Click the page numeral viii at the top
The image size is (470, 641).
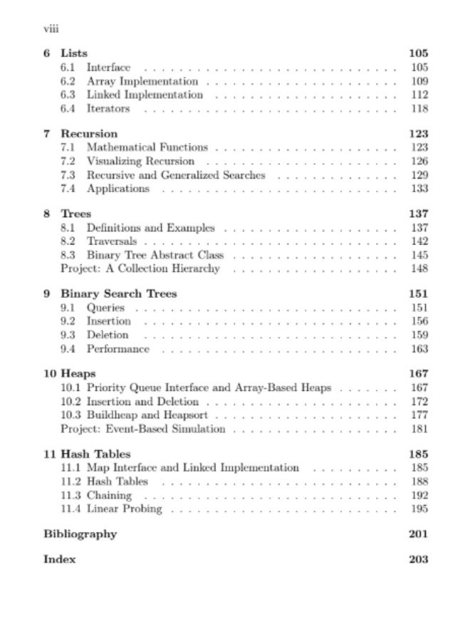click(x=50, y=29)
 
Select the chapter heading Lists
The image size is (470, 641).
click(x=74, y=53)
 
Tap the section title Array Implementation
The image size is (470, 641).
click(x=142, y=81)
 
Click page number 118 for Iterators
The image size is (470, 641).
click(x=419, y=108)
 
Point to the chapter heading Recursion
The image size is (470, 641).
click(x=89, y=133)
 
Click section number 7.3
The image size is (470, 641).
click(x=68, y=174)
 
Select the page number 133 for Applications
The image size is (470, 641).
click(x=419, y=188)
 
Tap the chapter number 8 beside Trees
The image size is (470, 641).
click(x=47, y=214)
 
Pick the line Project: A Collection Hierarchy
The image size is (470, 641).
click(x=140, y=269)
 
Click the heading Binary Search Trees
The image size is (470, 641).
click(x=119, y=293)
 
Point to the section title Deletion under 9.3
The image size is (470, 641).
click(x=108, y=335)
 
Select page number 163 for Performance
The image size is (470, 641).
click(x=419, y=348)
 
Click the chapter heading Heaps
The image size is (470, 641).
click(x=78, y=373)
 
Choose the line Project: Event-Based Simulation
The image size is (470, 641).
click(x=142, y=429)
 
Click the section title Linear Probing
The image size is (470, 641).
click(x=125, y=509)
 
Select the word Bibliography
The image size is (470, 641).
click(x=80, y=534)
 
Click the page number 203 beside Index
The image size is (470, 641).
click(x=419, y=559)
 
